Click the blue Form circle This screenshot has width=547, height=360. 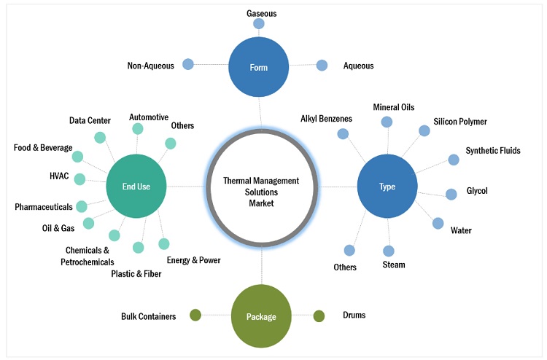tap(258, 67)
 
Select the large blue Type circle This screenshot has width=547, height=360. tap(387, 187)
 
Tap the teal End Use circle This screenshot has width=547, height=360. tap(136, 187)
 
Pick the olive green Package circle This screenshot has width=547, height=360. tap(261, 316)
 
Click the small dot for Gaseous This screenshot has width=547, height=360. tap(258, 24)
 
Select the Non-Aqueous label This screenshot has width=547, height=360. tap(150, 66)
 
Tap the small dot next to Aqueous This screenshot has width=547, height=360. tap(322, 65)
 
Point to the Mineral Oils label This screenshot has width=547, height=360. tap(393, 107)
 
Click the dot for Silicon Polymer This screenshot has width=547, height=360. tap(424, 130)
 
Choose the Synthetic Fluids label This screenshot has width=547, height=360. tap(493, 151)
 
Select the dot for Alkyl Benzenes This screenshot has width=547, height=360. tap(343, 133)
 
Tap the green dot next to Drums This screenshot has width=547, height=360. tap(319, 316)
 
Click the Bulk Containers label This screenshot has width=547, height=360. tap(148, 316)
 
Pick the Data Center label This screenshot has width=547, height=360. tap(91, 120)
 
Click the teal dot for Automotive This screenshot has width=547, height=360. tap(137, 129)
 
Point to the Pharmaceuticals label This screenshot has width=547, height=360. tap(44, 207)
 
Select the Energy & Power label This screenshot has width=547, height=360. tap(193, 260)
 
